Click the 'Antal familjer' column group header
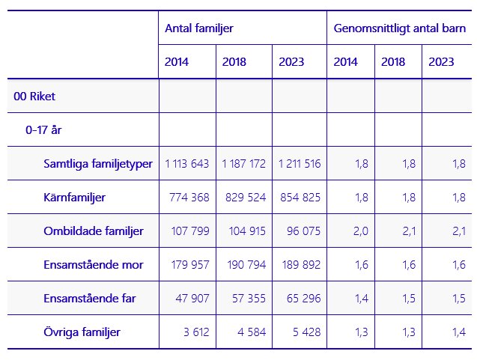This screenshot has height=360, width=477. click(199, 28)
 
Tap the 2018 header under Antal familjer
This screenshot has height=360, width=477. click(234, 62)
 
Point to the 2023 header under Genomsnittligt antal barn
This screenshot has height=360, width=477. click(441, 62)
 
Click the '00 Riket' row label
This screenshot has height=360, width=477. click(34, 96)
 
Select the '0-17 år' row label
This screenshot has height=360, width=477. click(43, 129)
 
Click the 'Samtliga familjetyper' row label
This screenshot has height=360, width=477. click(97, 163)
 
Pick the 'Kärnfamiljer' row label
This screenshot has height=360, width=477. click(74, 198)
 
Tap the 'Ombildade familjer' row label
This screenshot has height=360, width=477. click(94, 231)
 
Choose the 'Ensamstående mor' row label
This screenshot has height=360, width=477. click(94, 265)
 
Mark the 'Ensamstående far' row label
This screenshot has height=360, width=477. click(91, 299)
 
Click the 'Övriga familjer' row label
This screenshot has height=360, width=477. click(82, 332)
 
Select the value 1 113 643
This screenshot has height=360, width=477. click(187, 164)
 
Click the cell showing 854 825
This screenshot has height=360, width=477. click(299, 198)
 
